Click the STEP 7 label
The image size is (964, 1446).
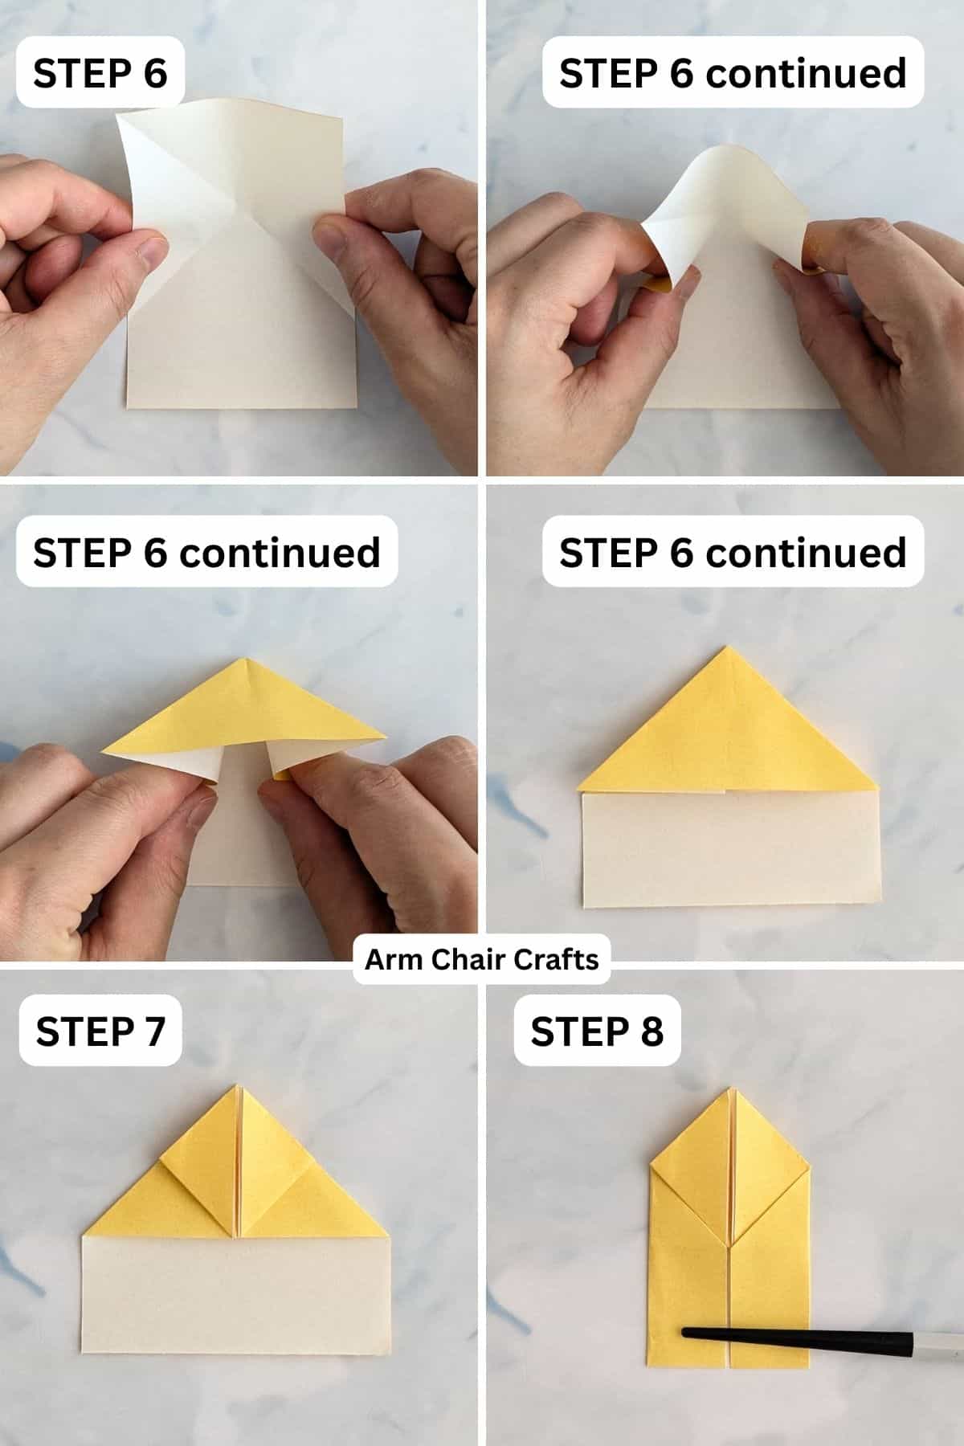click(x=100, y=1031)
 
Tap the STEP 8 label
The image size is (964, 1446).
click(x=597, y=1031)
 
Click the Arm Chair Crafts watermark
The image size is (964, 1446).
click(x=482, y=959)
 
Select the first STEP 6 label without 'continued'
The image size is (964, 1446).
click(x=100, y=73)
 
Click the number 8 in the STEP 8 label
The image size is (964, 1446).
click(x=652, y=1031)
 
